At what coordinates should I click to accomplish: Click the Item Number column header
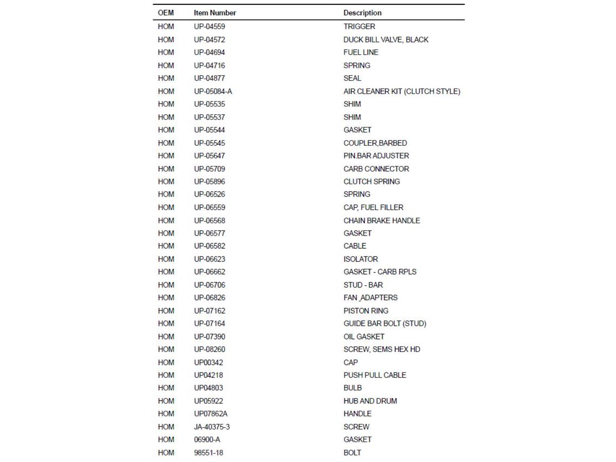(x=215, y=13)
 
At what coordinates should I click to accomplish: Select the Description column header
(x=362, y=13)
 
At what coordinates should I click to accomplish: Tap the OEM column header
(x=165, y=13)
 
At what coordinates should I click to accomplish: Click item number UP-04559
(x=209, y=26)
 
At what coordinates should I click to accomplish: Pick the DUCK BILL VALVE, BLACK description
(x=386, y=39)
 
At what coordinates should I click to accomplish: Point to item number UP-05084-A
(x=213, y=91)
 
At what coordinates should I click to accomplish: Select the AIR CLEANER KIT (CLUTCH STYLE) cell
(x=402, y=91)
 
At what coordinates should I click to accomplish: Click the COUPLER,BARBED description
(x=375, y=143)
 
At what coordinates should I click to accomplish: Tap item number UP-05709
(x=209, y=169)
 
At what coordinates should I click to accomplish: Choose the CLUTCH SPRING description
(x=371, y=182)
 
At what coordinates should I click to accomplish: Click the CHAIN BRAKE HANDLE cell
(x=382, y=221)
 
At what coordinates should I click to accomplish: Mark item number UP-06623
(x=209, y=259)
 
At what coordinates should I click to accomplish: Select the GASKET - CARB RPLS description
(x=380, y=272)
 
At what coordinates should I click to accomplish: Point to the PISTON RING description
(x=365, y=311)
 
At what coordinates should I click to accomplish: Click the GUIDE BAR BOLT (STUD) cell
(x=385, y=324)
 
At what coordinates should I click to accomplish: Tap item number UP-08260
(x=209, y=349)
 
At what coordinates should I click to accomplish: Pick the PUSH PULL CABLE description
(x=375, y=375)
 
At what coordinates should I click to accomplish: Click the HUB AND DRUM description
(x=370, y=401)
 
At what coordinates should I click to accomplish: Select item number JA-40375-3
(x=211, y=427)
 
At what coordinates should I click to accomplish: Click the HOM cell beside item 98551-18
(x=165, y=453)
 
